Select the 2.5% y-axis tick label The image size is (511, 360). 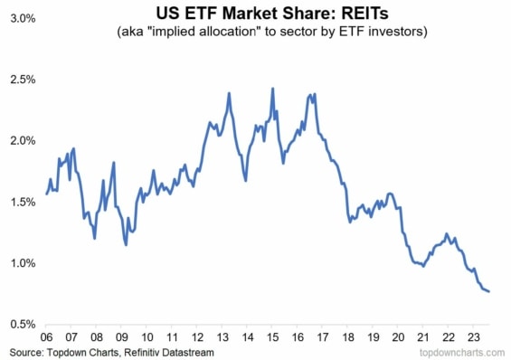coord(19,80)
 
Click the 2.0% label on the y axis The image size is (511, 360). coord(19,140)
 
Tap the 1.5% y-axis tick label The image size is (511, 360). coord(19,202)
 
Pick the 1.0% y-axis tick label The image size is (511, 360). coord(19,263)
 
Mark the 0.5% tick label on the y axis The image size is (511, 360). coord(19,324)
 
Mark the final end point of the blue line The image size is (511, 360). coord(489,291)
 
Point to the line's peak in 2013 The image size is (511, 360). coord(229,93)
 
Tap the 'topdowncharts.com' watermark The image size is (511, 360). coord(462,351)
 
